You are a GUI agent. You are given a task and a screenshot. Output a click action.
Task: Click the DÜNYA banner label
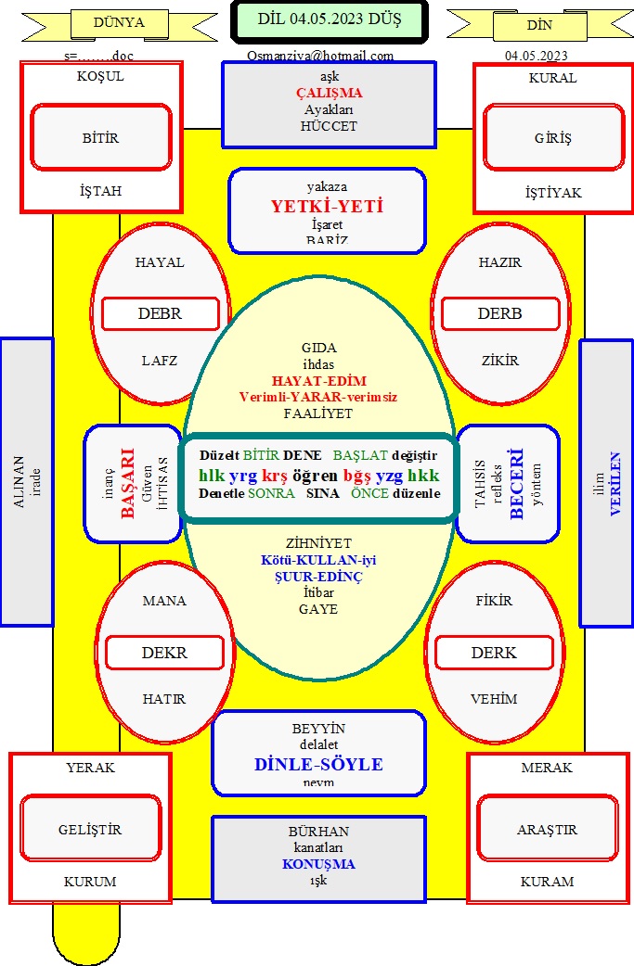point(119,23)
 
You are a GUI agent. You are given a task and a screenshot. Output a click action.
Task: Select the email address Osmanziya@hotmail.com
point(320,56)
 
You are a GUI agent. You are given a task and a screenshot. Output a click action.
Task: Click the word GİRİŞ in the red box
point(553,138)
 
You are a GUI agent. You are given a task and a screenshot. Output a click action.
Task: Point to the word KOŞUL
point(100,78)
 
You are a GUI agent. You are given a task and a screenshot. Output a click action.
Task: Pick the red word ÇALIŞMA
point(329,93)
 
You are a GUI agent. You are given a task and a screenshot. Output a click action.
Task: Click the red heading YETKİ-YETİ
point(327,206)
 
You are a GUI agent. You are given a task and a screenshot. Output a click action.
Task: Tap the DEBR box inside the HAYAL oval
point(160,313)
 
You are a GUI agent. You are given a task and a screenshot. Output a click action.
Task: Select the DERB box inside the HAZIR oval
point(500,313)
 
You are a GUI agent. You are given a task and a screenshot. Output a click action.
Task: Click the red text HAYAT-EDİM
point(318,381)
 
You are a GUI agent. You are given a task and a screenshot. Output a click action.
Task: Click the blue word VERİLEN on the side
point(615,483)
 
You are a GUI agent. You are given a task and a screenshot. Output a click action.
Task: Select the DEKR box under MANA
point(164,653)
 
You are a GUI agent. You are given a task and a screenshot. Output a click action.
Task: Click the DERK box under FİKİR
point(494,653)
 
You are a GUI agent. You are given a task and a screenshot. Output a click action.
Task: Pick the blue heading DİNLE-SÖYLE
point(318,765)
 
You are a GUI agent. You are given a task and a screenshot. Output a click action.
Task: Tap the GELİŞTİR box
point(90,830)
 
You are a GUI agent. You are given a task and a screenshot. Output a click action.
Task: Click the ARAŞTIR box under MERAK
point(547,830)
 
